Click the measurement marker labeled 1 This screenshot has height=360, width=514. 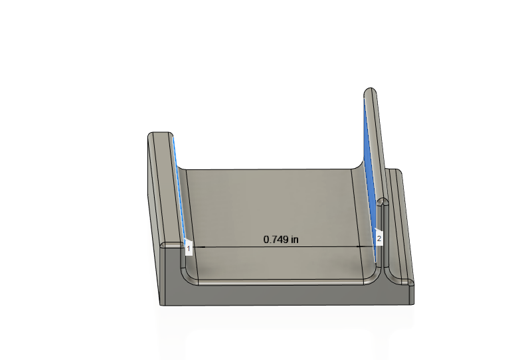click(188, 248)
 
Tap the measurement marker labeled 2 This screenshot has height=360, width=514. click(379, 238)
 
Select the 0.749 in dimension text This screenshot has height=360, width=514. click(281, 239)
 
